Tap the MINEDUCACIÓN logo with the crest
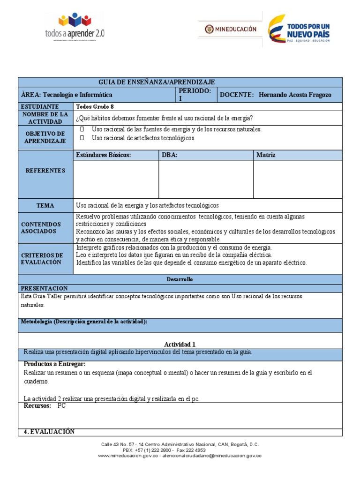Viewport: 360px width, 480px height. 230,29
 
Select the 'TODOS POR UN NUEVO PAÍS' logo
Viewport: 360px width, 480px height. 299,29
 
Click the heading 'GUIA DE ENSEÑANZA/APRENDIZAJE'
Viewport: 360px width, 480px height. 157,82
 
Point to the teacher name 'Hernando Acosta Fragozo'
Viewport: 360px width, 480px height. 295,95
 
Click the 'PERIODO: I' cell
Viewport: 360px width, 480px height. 195,94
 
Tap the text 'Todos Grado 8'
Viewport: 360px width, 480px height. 95,106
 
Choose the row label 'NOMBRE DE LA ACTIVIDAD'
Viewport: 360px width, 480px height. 45,118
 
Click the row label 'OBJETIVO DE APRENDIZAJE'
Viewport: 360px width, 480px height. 45,137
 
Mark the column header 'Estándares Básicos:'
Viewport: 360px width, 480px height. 103,155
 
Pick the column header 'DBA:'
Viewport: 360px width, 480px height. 169,155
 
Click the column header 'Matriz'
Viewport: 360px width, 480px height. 266,155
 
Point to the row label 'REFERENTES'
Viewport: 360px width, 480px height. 45,171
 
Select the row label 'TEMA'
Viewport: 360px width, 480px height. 45,205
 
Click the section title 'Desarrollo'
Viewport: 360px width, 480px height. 180,279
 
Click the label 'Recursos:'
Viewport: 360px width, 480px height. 37,406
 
